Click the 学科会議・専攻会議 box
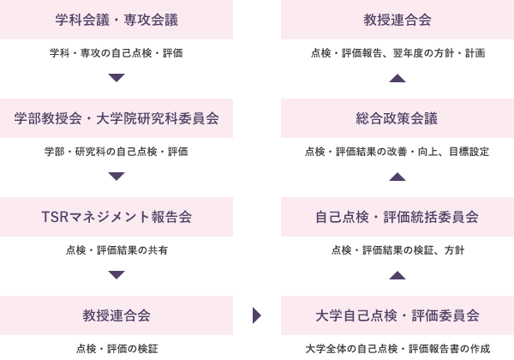click(117, 20)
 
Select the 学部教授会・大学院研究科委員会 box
click(117, 118)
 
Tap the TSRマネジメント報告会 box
click(117, 217)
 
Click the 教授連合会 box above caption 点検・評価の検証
click(117, 315)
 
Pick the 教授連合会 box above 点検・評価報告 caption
click(397, 20)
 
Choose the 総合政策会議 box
click(397, 118)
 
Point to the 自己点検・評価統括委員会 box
click(397, 217)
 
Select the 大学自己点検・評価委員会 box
click(397, 315)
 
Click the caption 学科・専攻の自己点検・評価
click(117, 53)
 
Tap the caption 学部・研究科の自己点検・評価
click(117, 152)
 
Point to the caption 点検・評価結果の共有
click(117, 250)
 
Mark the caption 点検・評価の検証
click(117, 349)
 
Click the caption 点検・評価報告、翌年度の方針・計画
click(397, 53)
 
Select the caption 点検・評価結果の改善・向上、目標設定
click(397, 152)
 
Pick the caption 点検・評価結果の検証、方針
click(397, 250)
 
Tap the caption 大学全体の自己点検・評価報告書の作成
click(397, 349)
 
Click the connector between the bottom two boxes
click(257, 315)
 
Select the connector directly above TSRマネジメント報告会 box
click(117, 177)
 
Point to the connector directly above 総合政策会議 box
click(397, 78)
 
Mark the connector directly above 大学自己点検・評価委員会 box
click(397, 275)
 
